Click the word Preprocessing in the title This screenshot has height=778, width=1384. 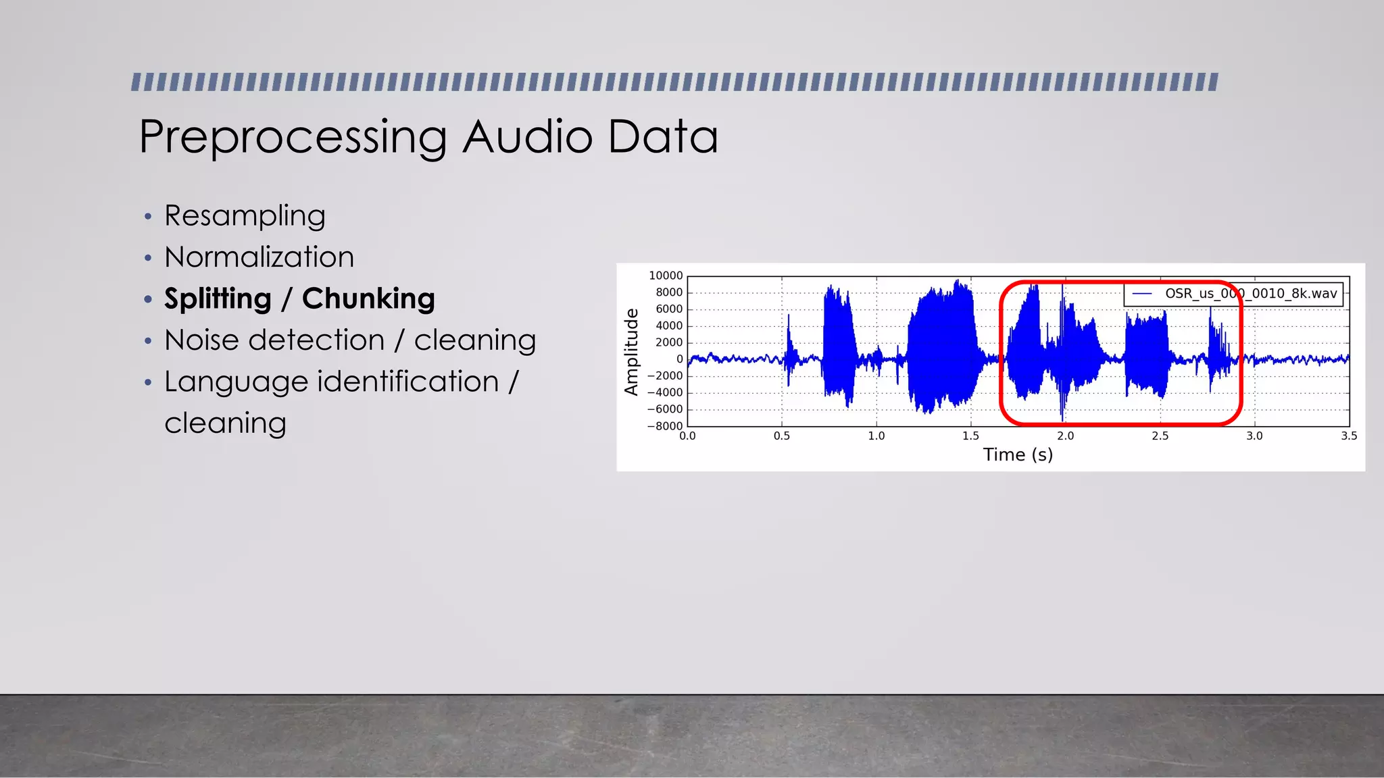pos(292,137)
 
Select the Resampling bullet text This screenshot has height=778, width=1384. pos(245,216)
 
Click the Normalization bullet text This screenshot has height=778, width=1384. pos(259,257)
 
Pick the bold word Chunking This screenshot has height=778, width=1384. pos(368,299)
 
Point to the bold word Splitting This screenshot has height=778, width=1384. pos(218,299)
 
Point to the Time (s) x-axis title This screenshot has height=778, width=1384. pos(1018,455)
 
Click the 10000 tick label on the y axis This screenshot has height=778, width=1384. pos(666,276)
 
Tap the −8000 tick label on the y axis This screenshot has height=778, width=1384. pos(665,426)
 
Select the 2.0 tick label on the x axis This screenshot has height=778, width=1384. pos(1066,436)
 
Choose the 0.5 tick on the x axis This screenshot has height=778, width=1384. pos(782,436)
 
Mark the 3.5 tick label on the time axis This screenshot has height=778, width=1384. pos(1349,436)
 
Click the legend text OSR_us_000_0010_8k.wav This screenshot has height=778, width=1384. pos(1251,294)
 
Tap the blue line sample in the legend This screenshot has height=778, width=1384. pos(1142,294)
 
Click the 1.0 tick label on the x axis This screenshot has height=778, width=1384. pos(876,436)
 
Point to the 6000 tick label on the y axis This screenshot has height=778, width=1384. pos(669,309)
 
